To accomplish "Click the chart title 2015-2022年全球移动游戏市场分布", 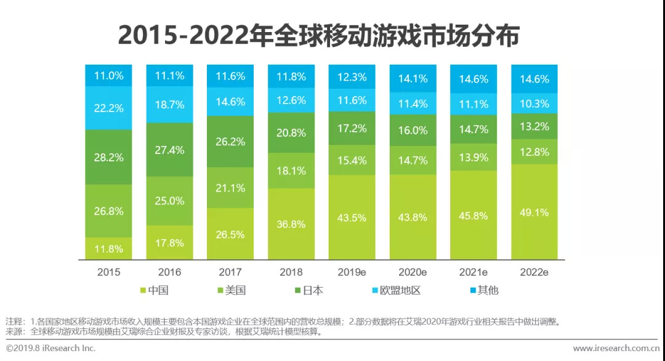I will coord(318,36).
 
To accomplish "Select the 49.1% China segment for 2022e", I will coord(534,211).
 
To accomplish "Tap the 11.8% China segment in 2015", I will coord(108,249).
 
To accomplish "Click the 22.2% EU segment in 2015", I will coord(108,108).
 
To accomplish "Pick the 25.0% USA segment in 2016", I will coord(169,200).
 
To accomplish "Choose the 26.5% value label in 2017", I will coord(230,234).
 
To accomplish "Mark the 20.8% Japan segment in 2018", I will coord(291,132).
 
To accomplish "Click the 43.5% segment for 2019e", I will coord(352,217).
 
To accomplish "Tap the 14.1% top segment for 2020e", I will coord(413,78).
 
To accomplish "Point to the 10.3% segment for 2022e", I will coord(534,104).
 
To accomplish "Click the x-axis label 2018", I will coord(291,272).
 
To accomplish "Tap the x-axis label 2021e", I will coord(474,272).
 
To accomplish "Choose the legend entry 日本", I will coord(309,290).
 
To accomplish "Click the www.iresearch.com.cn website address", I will coord(616,349).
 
